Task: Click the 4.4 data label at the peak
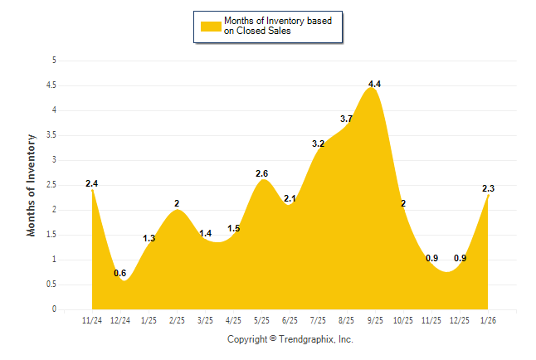(x=374, y=84)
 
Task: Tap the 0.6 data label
(x=120, y=273)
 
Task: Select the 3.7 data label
(x=346, y=119)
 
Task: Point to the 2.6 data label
(x=261, y=173)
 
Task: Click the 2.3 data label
(x=489, y=188)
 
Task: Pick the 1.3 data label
(x=149, y=238)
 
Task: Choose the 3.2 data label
(x=318, y=144)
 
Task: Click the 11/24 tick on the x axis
(x=92, y=319)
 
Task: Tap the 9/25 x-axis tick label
(x=374, y=319)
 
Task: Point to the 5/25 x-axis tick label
(x=261, y=319)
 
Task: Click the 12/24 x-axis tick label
(x=120, y=319)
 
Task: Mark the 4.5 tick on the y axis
(x=51, y=85)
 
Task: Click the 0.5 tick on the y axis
(x=51, y=284)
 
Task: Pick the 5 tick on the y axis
(x=54, y=60)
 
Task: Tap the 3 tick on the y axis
(x=54, y=159)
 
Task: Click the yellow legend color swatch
(x=211, y=26)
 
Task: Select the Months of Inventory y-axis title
(x=32, y=185)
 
